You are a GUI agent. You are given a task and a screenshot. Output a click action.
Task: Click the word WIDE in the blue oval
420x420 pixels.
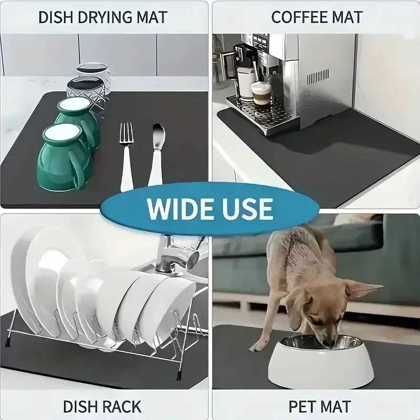(179, 208)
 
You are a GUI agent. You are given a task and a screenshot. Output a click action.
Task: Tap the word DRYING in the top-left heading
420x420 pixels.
(103, 17)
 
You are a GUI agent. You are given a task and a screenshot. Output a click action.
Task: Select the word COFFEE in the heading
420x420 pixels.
(295, 17)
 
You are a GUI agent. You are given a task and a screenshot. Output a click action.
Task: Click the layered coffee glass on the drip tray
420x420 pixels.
(260, 95)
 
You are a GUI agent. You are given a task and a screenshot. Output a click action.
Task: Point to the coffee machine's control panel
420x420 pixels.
(260, 42)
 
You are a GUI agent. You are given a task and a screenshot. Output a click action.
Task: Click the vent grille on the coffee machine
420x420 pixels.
(318, 76)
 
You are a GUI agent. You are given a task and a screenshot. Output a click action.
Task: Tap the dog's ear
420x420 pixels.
(363, 289)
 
